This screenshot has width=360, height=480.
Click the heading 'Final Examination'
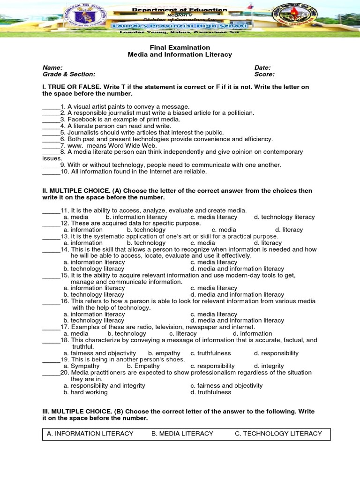pyautogui.click(x=180, y=47)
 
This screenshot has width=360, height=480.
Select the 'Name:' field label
pyautogui.click(x=52, y=67)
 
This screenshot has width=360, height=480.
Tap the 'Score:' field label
pyautogui.click(x=264, y=74)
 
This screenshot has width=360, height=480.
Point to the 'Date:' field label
pyautogui.click(x=262, y=67)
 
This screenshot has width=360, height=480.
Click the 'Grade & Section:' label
pyautogui.click(x=69, y=74)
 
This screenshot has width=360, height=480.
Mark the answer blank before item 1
pyautogui.click(x=51, y=107)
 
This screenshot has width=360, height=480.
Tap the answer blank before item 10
pyautogui.click(x=51, y=172)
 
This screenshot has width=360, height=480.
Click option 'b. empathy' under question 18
pyautogui.click(x=164, y=353)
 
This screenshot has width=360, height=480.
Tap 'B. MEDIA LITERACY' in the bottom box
pyautogui.click(x=182, y=434)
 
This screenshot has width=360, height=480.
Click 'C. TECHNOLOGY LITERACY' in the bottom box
pyautogui.click(x=278, y=434)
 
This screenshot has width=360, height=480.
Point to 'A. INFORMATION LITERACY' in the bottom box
pyautogui.click(x=90, y=434)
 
